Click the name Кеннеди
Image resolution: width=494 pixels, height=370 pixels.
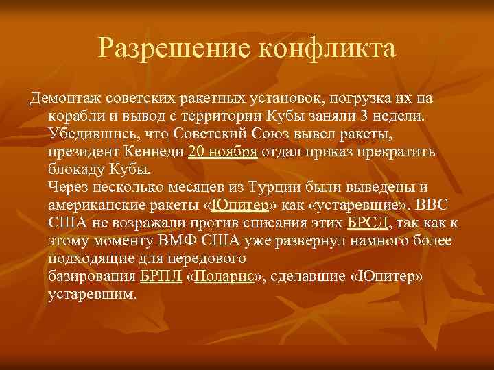pyautogui.click(x=150, y=151)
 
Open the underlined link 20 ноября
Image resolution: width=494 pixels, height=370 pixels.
pyautogui.click(x=222, y=151)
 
